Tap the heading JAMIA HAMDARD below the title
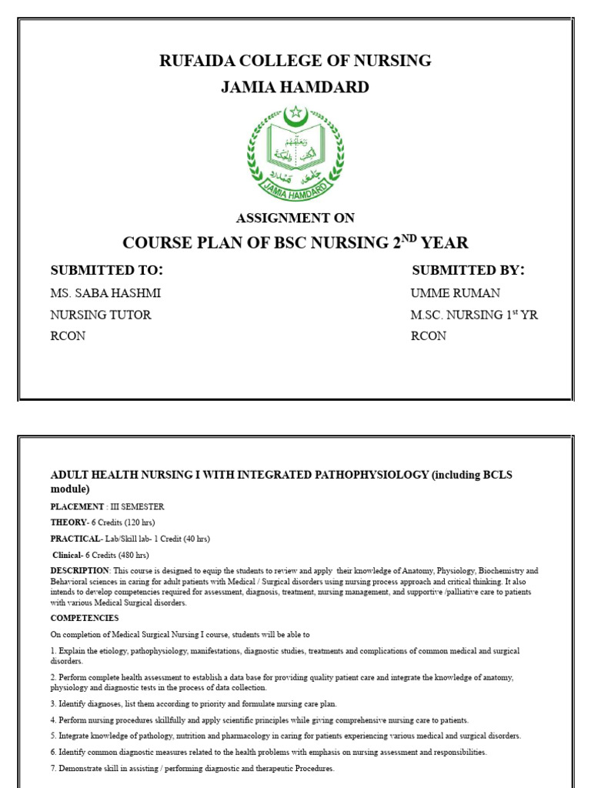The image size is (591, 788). pos(295,88)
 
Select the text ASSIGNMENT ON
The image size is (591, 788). pos(295,219)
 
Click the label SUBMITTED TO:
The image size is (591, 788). pos(107,270)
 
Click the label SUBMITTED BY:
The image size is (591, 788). pos(468,270)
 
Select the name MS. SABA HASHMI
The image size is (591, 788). pos(106,293)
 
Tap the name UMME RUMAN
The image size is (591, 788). pos(456,293)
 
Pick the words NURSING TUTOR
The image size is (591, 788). pos(101,315)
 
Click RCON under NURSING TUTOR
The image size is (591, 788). pos(68,336)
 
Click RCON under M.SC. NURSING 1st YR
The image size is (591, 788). pos(429,336)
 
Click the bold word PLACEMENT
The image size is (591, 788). pos(77,506)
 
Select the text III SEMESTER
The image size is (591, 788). pos(136,506)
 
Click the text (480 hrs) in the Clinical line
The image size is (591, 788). pos(131,555)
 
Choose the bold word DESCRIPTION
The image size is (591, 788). pos(80,570)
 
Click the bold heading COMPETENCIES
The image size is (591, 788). pos(85,618)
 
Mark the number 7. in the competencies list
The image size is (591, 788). pos(54,769)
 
